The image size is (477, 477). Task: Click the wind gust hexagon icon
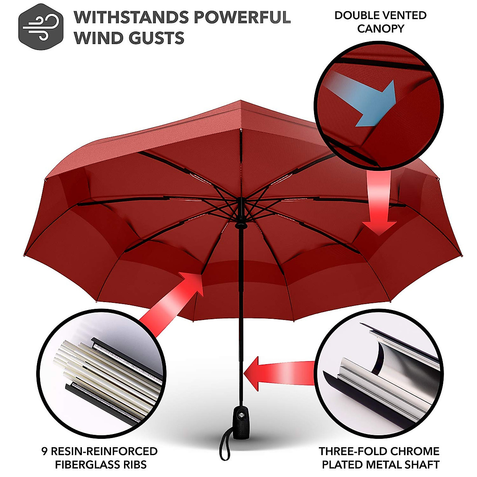point(41,26)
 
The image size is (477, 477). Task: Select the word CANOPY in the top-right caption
point(380,29)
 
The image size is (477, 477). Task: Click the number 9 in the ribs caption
point(45,452)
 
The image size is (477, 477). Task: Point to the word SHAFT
point(422,464)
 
